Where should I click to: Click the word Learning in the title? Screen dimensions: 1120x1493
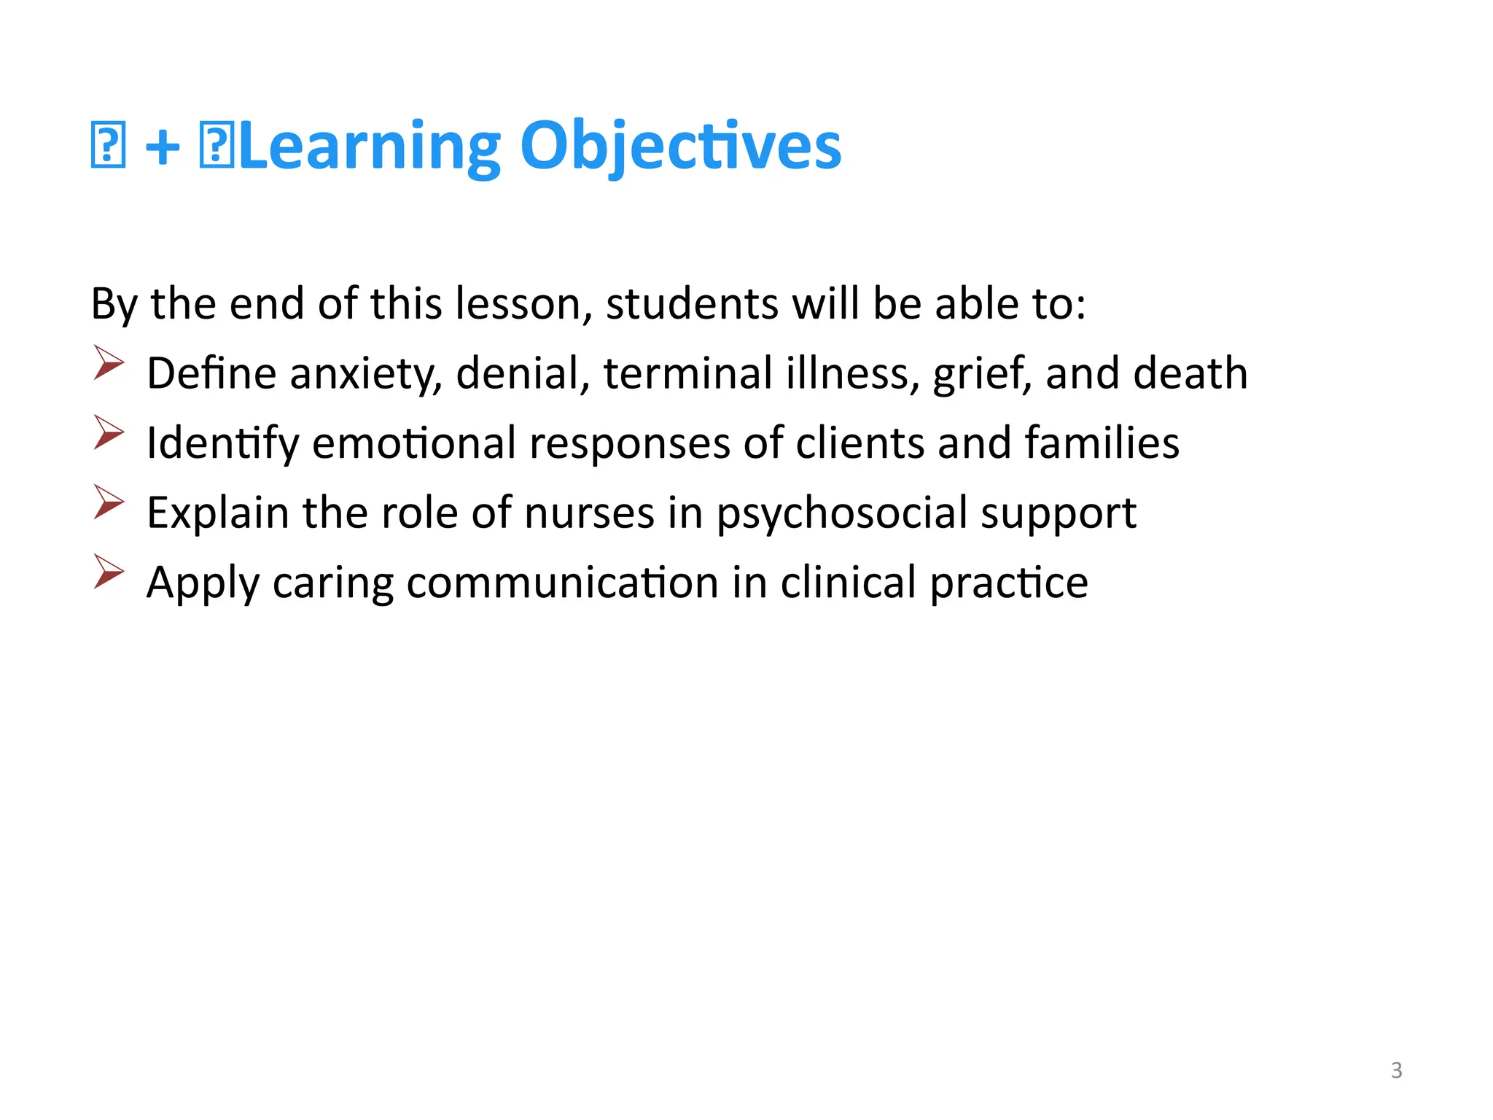point(369,147)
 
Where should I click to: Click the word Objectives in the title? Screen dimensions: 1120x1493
point(680,147)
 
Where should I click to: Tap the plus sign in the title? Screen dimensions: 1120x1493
point(163,147)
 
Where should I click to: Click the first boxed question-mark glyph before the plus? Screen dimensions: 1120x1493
point(108,146)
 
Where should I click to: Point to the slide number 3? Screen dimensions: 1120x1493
point(1396,1070)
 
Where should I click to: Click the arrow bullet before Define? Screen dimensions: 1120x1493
point(109,363)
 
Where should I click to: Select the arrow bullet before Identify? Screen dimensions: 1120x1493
point(109,432)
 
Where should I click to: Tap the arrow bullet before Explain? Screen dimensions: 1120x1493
point(109,502)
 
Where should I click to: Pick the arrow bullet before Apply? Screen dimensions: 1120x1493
point(109,572)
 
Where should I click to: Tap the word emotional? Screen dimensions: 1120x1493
point(414,443)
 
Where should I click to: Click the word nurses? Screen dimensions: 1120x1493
point(589,513)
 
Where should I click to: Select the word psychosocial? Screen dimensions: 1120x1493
point(842,513)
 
